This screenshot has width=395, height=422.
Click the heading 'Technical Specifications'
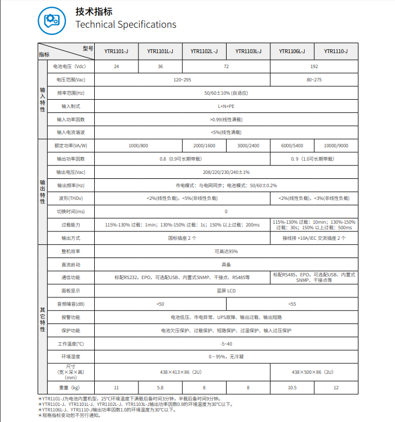click(x=126, y=24)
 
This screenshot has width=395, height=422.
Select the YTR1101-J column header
click(x=116, y=52)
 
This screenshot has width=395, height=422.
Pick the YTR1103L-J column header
click(x=248, y=52)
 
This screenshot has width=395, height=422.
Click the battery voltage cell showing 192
click(x=314, y=66)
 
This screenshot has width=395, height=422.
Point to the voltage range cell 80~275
click(x=314, y=80)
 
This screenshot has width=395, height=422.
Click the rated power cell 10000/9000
click(x=336, y=146)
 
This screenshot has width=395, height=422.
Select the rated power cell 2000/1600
click(x=204, y=146)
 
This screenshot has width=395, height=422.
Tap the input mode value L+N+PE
click(x=226, y=106)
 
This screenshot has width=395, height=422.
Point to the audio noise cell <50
click(x=160, y=304)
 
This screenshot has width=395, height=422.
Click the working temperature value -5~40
click(x=226, y=344)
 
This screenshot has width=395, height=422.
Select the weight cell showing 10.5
click(x=293, y=387)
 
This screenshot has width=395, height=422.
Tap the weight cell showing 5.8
click(x=160, y=387)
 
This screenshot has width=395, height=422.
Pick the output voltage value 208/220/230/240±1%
click(x=226, y=172)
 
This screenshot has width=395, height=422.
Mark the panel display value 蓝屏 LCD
click(x=226, y=291)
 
